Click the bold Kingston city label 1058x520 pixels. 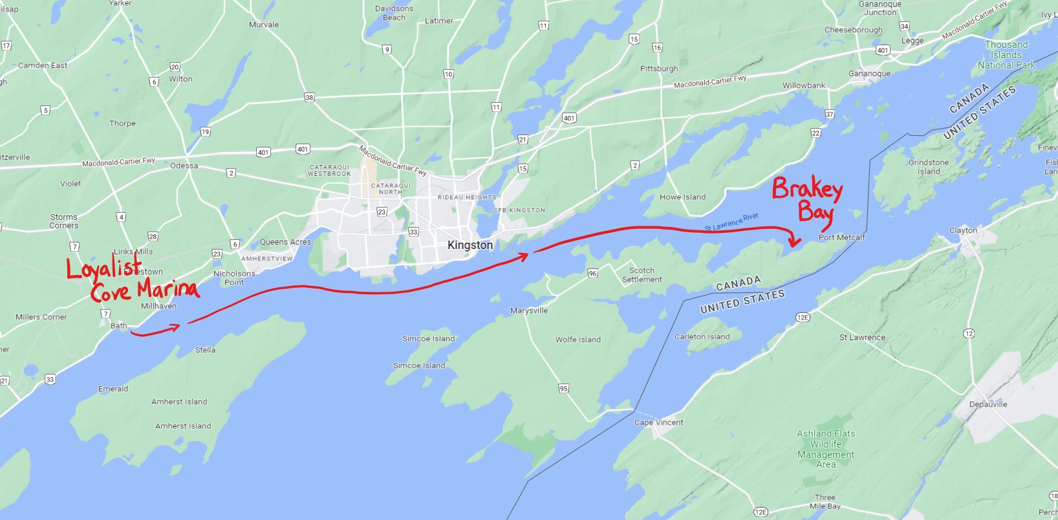click(x=470, y=245)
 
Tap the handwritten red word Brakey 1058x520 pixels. click(x=807, y=189)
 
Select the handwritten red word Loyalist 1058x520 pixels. click(x=104, y=268)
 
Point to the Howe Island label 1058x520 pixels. click(x=682, y=197)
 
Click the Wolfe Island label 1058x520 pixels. click(x=578, y=340)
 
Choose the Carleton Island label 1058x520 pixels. click(x=702, y=337)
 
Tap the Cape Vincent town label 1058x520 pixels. click(x=658, y=422)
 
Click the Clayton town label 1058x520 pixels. click(x=963, y=230)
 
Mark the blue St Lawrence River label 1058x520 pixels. click(x=731, y=222)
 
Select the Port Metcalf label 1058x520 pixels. click(x=841, y=237)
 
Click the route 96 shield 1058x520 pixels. click(x=592, y=274)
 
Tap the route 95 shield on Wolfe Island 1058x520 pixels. click(x=563, y=389)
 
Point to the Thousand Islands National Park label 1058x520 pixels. click(x=1006, y=55)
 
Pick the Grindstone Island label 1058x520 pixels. click(x=928, y=167)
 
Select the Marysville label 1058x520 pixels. click(x=528, y=310)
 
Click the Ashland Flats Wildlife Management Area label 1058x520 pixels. click(x=826, y=449)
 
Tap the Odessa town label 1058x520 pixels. click(x=184, y=166)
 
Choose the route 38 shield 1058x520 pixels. click(x=309, y=98)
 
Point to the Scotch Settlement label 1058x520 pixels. click(x=642, y=275)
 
